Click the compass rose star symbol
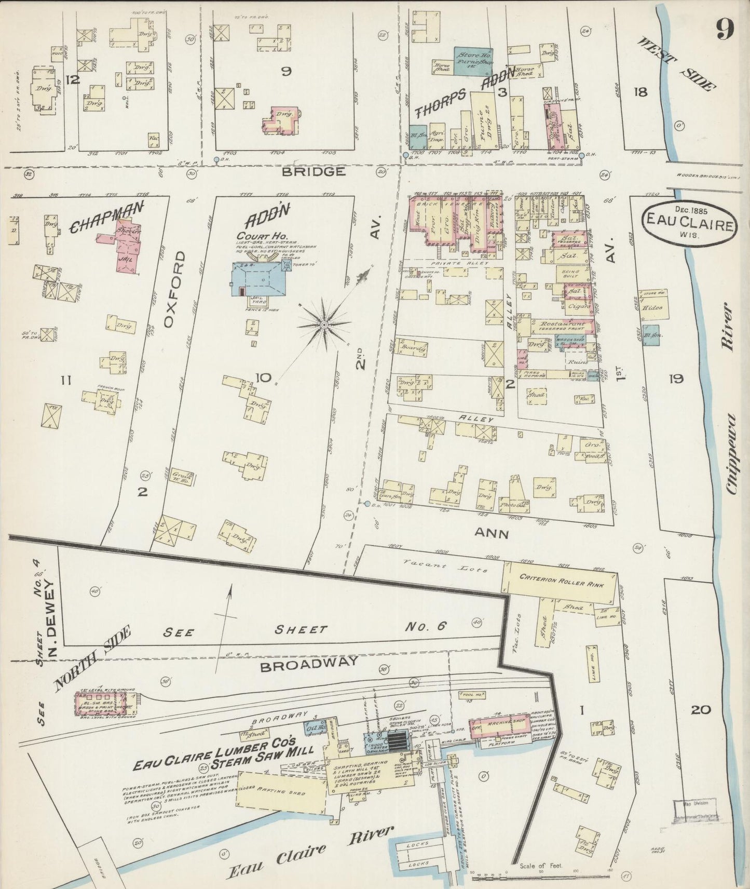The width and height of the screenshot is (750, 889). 324,325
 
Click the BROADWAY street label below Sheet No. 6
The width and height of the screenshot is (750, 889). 309,663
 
